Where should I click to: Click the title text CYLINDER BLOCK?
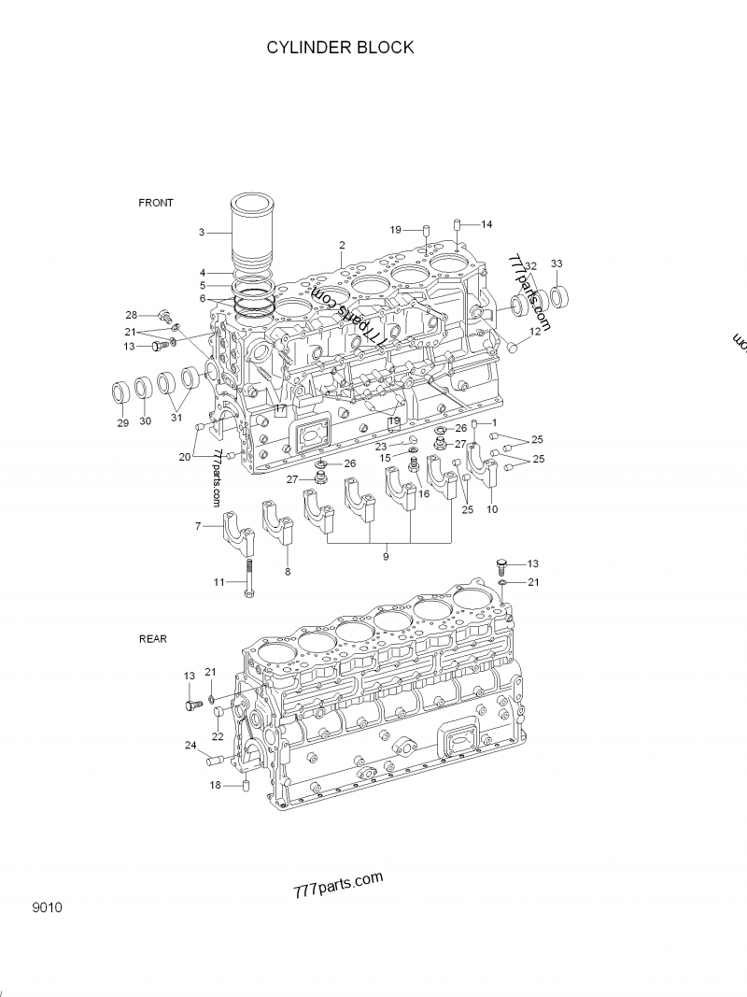tap(339, 48)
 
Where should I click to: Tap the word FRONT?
tap(156, 203)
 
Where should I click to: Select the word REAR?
tap(153, 639)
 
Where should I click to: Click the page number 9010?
tap(46, 907)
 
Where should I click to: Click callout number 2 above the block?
tap(342, 245)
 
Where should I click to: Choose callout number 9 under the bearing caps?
tap(386, 557)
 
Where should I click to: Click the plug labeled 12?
tap(512, 349)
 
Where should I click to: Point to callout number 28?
tap(132, 315)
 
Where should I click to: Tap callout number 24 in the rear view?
tap(190, 746)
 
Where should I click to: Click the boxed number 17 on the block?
tap(280, 409)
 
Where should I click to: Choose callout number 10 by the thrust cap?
tap(492, 509)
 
